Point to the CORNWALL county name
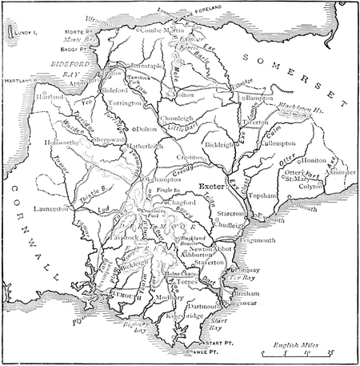pos(24,233)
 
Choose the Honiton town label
pos(312,160)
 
